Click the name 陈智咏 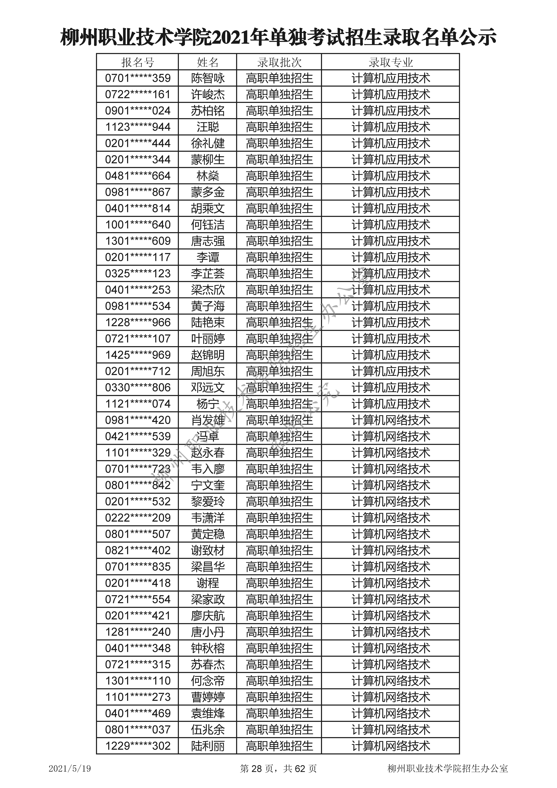click(208, 78)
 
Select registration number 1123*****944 click(138, 127)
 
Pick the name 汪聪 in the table click(208, 127)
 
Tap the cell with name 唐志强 click(208, 241)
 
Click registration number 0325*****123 click(138, 273)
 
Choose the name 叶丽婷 click(208, 339)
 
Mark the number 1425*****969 click(138, 355)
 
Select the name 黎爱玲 click(208, 501)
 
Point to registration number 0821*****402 click(138, 550)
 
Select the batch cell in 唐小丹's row click(279, 632)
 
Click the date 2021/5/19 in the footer click(70, 768)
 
